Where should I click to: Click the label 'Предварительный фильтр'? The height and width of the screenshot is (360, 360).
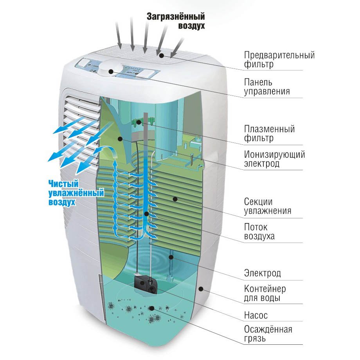279,59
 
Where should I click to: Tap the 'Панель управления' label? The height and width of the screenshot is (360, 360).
267,87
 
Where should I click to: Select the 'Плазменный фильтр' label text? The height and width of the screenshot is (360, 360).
269,133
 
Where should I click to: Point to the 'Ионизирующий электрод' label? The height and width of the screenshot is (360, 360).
274,159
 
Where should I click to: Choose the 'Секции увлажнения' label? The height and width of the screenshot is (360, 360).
268,206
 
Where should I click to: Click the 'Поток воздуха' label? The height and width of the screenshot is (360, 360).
259,232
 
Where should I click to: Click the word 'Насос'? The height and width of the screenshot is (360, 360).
256,315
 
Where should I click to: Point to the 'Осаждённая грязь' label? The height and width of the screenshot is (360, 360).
268,333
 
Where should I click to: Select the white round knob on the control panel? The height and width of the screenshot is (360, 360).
111,70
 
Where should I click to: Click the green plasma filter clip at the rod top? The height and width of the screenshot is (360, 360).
138,122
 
